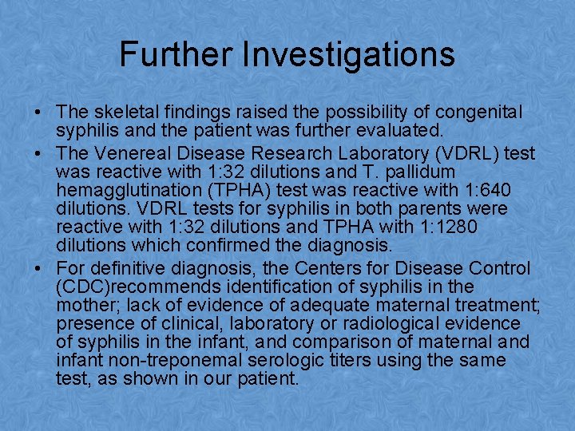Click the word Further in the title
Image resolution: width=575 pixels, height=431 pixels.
pos(175,53)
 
